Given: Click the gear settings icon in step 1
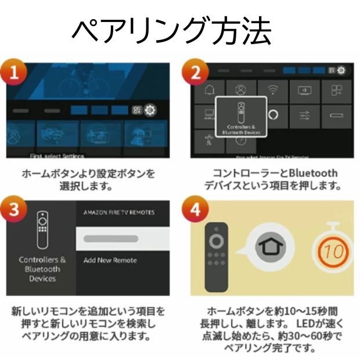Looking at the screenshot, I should coord(150,110).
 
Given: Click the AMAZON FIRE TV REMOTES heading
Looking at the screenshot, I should coord(119,213).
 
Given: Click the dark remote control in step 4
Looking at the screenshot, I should coord(218,253).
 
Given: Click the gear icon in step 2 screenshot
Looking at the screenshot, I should coord(341,70).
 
